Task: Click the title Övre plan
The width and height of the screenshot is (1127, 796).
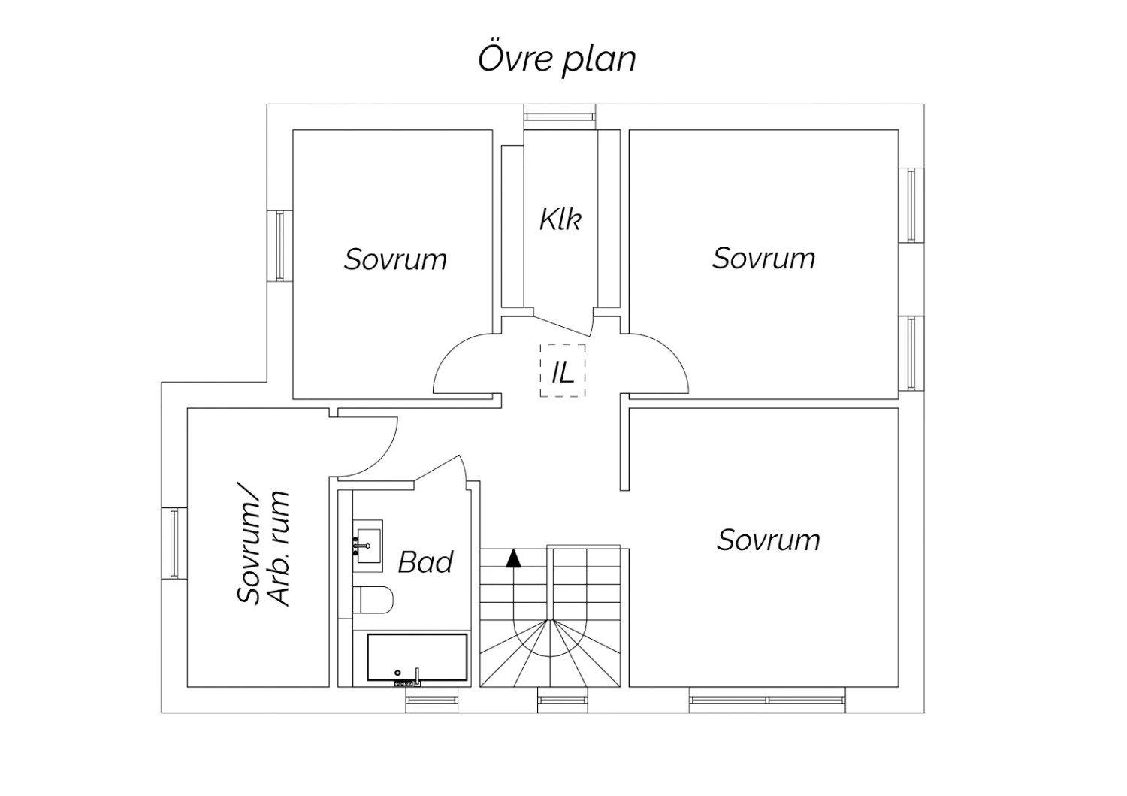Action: coord(557,59)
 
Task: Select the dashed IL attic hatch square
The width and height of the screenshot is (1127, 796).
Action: coord(563,345)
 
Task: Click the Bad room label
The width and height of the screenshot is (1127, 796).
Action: coord(426,562)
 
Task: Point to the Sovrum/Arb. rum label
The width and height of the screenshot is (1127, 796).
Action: coord(263,548)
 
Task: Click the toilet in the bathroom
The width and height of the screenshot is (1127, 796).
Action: coord(373,600)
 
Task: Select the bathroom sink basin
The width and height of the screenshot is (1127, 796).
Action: coord(368,546)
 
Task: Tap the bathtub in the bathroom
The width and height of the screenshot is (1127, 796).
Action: coord(417,657)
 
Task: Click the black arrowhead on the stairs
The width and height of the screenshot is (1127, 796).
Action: coord(513,558)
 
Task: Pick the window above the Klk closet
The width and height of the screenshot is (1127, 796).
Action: coord(560,117)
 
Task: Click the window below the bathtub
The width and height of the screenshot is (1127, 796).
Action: coord(432,700)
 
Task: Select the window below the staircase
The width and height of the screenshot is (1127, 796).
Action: coord(563,700)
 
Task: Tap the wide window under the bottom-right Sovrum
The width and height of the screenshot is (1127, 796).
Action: coord(767,700)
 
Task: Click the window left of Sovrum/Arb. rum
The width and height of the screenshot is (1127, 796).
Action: coord(174,543)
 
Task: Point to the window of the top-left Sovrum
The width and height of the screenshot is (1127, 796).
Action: coord(279,246)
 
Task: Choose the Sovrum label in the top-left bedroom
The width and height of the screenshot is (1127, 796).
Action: coord(395,259)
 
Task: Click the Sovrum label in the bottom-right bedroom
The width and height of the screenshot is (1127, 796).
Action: coord(769,540)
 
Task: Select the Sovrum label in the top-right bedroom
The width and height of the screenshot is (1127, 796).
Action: coord(763,258)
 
